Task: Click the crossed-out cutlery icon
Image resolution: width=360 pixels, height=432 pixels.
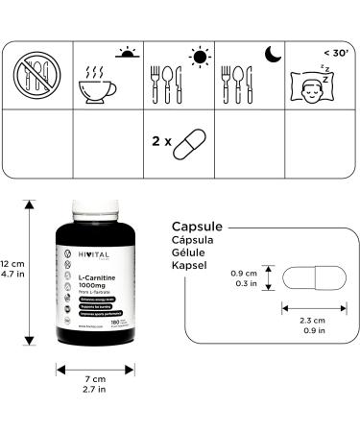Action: click(36, 74)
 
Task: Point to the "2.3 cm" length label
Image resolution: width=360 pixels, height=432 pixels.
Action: click(309, 322)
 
